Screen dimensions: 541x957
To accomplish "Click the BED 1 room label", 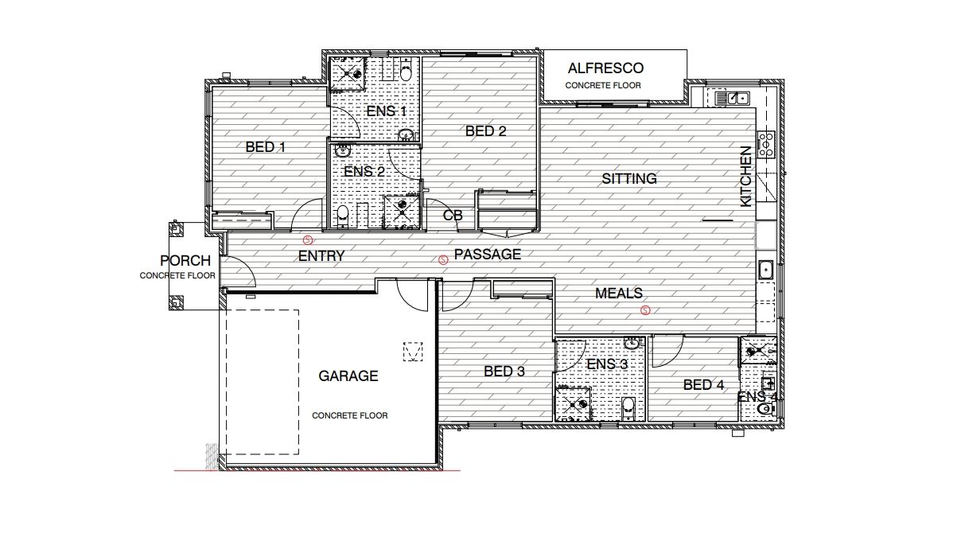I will (x=265, y=147).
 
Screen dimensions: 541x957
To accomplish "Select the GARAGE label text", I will (x=348, y=376).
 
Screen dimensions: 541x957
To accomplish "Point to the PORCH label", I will (x=185, y=261).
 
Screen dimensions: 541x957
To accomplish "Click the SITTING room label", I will (x=628, y=179).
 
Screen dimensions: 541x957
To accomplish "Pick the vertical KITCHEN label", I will (x=745, y=177).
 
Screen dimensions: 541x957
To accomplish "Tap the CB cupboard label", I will (x=452, y=216).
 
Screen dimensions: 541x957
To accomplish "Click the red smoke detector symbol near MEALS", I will (x=645, y=310).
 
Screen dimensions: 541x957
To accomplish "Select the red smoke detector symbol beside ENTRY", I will (x=308, y=239).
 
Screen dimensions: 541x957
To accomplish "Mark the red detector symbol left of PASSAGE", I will (x=444, y=259).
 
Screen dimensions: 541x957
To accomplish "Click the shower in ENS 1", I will (x=346, y=72).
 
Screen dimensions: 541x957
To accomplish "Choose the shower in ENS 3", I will (x=573, y=403).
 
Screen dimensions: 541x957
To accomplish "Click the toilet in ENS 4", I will (x=765, y=409).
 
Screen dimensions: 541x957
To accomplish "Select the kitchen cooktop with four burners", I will (x=767, y=144).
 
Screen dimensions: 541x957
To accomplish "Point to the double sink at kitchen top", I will (x=731, y=98).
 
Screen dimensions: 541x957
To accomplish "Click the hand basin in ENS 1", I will (x=406, y=134).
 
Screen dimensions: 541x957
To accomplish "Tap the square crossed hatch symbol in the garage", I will (x=414, y=351).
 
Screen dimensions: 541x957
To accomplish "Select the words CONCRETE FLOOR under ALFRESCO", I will (x=603, y=85).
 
